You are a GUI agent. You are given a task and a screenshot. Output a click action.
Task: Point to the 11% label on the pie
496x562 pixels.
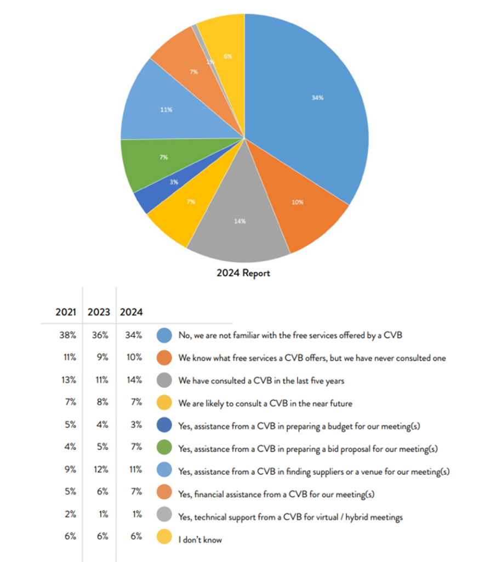pyautogui.click(x=166, y=110)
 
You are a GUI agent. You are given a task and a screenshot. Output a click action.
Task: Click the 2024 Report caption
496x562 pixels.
pyautogui.click(x=243, y=273)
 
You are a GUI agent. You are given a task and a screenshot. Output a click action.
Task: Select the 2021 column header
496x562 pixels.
pyautogui.click(x=66, y=312)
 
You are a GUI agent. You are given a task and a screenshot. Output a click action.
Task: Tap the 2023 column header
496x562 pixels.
pyautogui.click(x=99, y=312)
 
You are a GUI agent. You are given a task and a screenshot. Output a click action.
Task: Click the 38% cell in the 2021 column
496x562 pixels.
pyautogui.click(x=67, y=335)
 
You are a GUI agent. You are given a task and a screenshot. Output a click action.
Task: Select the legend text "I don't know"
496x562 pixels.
pyautogui.click(x=200, y=539)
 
